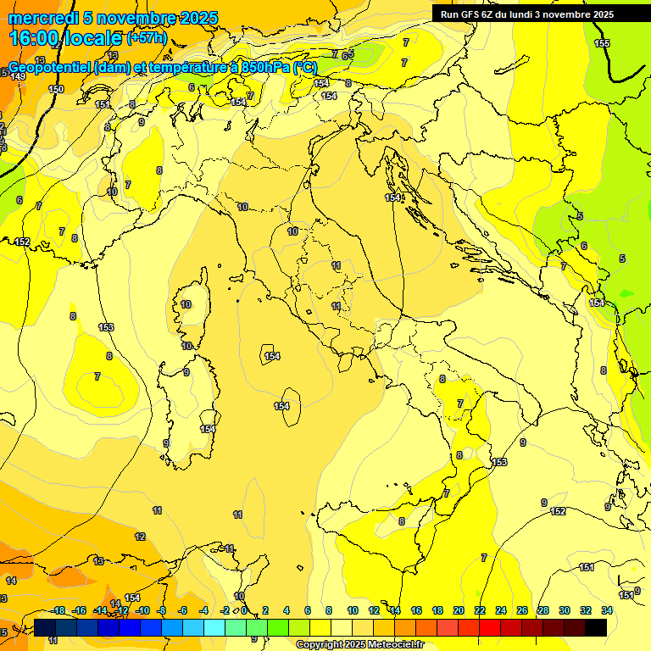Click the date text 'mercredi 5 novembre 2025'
[113, 18]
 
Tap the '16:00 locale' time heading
[65, 38]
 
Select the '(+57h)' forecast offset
[147, 39]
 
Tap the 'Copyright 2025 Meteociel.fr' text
[359, 644]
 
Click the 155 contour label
[602, 43]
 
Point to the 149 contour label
[18, 77]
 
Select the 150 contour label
[56, 89]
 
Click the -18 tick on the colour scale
[58, 610]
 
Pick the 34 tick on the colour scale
[606, 610]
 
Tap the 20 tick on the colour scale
[459, 610]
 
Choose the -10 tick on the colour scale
[142, 610]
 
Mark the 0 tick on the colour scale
[244, 610]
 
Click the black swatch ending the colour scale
[595, 627]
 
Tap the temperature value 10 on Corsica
[186, 304]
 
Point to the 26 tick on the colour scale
[521, 610]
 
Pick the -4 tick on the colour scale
[203, 610]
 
